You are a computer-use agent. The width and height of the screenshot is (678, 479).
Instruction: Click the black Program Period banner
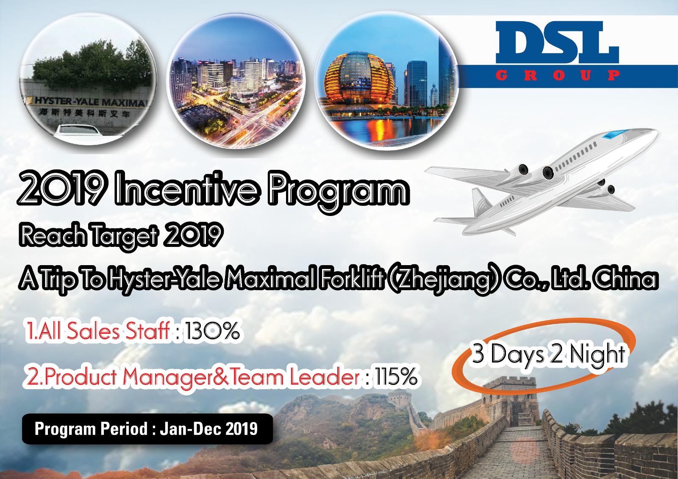pos(147,429)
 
